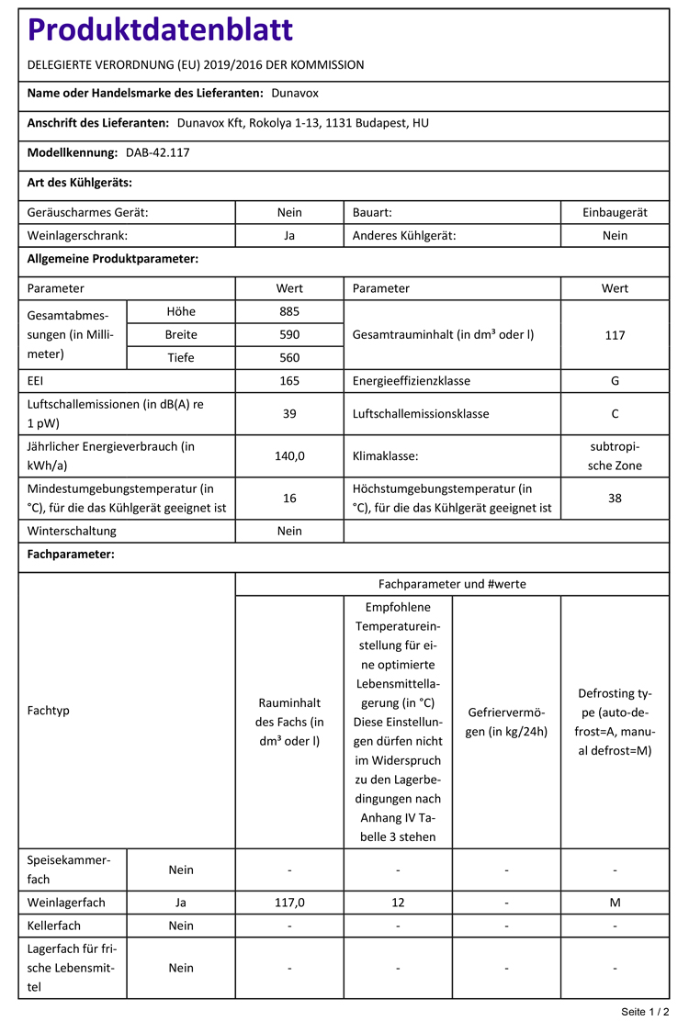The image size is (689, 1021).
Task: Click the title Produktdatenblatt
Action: point(161,30)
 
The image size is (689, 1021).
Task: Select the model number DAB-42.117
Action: point(157,152)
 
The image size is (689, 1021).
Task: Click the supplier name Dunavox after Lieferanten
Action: point(295,93)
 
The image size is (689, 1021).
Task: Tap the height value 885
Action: point(289,311)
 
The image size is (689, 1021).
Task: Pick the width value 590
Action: point(289,334)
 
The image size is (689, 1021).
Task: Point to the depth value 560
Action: point(289,357)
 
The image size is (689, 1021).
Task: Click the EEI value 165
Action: point(289,380)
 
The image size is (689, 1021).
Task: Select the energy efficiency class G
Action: point(615,380)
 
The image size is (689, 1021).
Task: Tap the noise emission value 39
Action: point(289,414)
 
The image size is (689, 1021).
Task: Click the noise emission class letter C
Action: point(615,414)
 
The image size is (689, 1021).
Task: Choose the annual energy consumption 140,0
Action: point(289,455)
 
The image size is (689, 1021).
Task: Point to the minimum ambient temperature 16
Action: point(289,498)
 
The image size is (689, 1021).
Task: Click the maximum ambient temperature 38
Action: point(615,498)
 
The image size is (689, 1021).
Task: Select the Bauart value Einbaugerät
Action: point(615,212)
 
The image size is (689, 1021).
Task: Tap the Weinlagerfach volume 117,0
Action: point(289,903)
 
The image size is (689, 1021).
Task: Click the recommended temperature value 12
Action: point(398,903)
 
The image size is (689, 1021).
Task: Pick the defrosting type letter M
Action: point(615,903)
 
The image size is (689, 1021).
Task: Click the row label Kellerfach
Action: point(54,926)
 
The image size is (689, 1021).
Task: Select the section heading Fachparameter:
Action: point(71,555)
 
